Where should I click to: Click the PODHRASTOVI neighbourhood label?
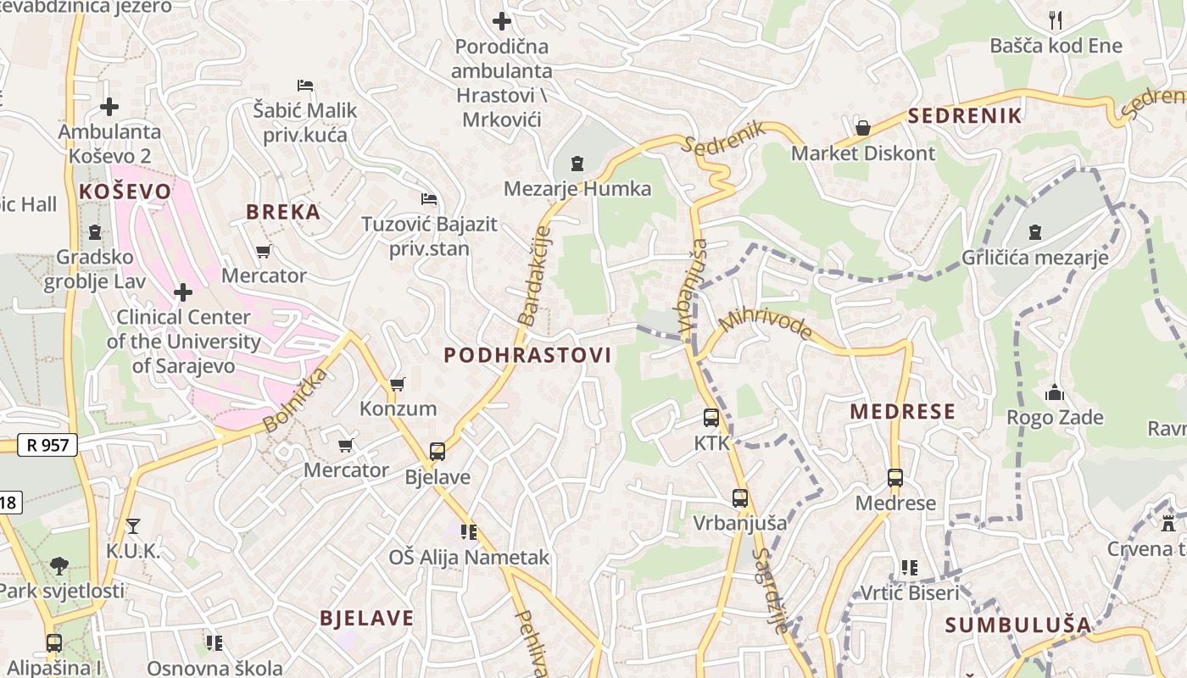tap(527, 355)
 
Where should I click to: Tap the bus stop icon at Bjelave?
tap(437, 452)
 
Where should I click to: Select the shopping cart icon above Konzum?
tap(397, 384)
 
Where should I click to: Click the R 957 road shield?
tap(47, 445)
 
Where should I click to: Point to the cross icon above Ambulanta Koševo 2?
tap(109, 107)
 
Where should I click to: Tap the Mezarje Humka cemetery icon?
tap(577, 163)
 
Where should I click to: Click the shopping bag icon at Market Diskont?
tap(863, 128)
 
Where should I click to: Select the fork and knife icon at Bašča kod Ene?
tap(1056, 19)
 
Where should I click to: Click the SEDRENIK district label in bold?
tap(965, 116)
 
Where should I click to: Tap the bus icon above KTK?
tap(711, 418)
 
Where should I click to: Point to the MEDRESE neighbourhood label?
tap(902, 412)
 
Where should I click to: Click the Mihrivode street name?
tap(766, 325)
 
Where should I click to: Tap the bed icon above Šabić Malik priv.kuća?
tap(305, 85)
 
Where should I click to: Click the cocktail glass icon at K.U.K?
tap(132, 526)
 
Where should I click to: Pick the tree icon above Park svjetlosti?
tap(59, 565)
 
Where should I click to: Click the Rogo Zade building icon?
tap(1055, 392)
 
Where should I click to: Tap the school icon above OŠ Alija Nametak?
tap(469, 532)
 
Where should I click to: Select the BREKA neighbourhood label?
tap(283, 212)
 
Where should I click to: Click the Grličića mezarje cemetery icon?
tap(1034, 232)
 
